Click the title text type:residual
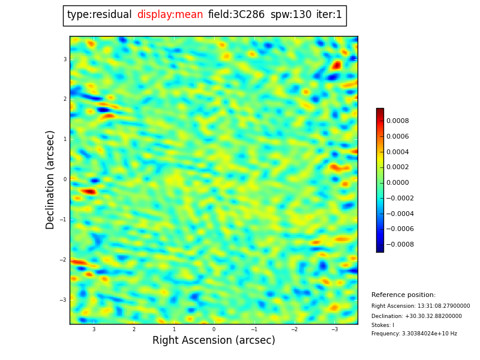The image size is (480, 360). point(99,15)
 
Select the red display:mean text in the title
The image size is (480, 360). point(170,15)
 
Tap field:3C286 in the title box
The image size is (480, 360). point(236,15)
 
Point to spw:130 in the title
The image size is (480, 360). point(291,15)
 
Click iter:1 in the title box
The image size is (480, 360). point(329,15)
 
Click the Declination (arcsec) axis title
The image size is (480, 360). point(50,179)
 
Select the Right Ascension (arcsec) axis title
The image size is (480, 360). point(214,341)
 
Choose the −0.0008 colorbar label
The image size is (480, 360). point(399,244)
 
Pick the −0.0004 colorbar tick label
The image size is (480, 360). point(399,214)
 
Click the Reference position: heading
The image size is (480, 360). point(403,295)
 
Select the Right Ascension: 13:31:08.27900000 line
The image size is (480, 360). point(421,306)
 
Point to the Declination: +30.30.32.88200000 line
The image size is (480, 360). point(416,316)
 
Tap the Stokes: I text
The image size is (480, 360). point(383,325)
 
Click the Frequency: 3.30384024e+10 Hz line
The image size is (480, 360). point(414,334)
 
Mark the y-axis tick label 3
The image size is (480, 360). point(65,59)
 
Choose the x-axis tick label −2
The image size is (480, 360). point(294,329)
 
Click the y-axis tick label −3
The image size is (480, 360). point(64,300)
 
